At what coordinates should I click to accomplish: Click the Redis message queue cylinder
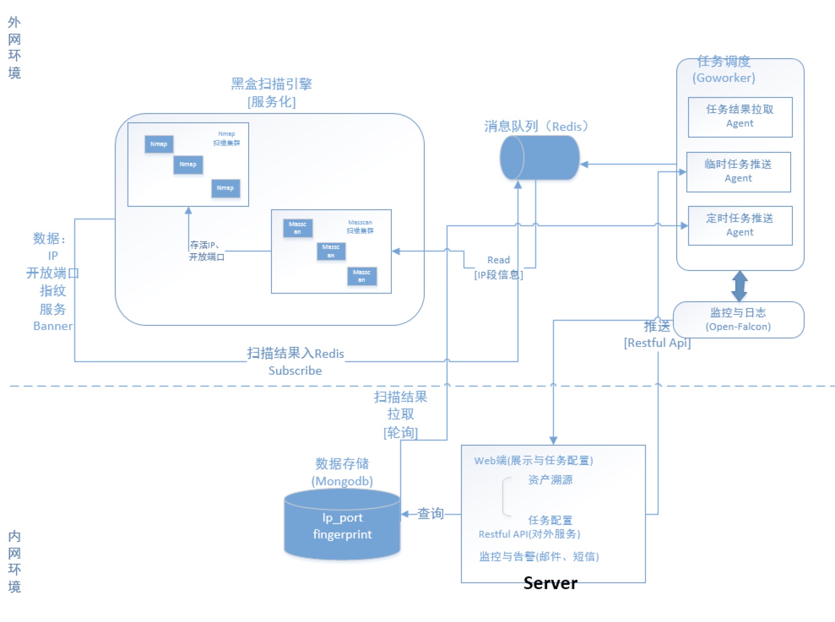[539, 158]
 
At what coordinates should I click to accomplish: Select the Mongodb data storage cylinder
[342, 525]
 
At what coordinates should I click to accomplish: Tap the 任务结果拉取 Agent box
[740, 117]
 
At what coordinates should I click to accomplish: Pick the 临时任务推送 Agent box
[738, 172]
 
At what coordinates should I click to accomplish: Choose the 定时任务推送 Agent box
[740, 225]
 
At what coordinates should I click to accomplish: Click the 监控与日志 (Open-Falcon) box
[738, 319]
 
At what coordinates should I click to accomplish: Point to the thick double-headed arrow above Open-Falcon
[740, 286]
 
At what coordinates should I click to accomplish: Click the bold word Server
[550, 583]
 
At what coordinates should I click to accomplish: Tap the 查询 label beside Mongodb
[430, 514]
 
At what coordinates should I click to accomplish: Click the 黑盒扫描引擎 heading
[271, 84]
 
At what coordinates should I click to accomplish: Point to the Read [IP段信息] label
[499, 268]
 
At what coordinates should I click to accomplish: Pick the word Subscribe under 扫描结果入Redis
[295, 370]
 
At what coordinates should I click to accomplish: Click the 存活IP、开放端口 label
[206, 251]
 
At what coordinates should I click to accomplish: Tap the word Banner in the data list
[53, 326]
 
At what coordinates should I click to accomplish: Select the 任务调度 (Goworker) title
[724, 69]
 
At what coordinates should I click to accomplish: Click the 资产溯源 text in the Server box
[550, 480]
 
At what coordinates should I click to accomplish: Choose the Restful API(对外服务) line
[529, 534]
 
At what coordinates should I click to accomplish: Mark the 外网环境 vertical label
[14, 47]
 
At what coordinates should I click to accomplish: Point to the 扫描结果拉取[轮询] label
[400, 414]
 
